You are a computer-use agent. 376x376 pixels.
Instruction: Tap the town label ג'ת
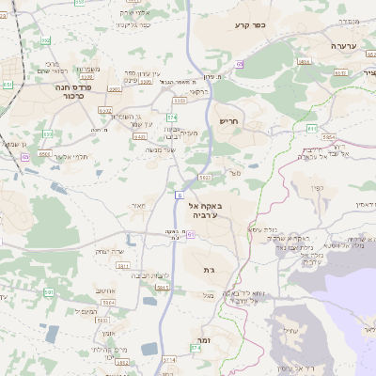coord(209,270)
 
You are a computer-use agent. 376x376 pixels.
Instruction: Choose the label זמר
coord(201,339)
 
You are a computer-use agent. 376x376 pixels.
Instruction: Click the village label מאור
coord(138,205)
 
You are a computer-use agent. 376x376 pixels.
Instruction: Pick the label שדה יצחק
coord(110,251)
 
